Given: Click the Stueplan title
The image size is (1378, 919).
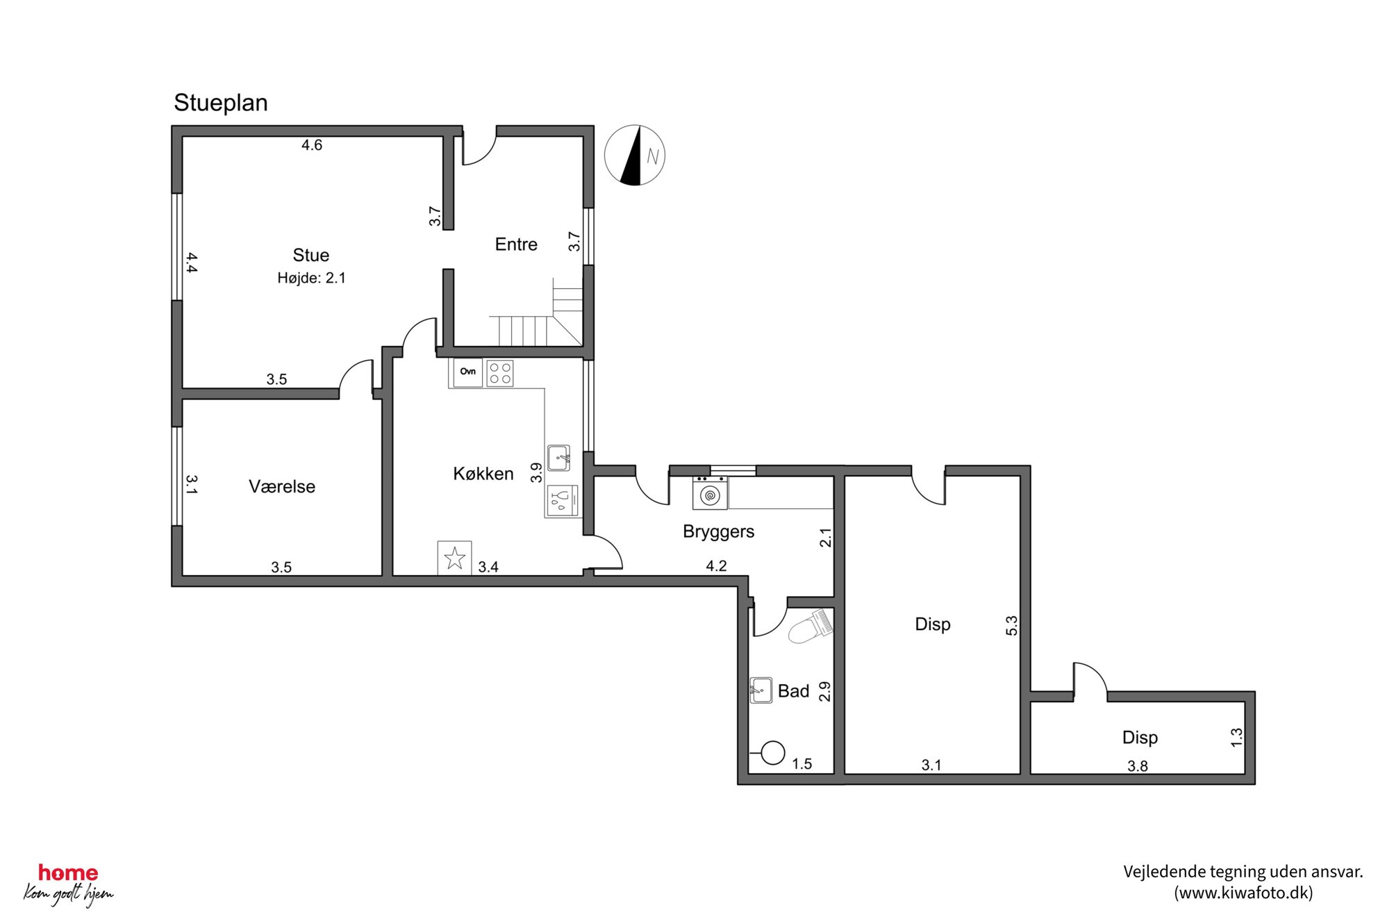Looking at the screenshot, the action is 220,103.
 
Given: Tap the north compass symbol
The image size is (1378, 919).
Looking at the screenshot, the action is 634,156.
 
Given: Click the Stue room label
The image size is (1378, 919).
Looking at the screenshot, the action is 310,255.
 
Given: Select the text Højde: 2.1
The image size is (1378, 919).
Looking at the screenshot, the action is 311,278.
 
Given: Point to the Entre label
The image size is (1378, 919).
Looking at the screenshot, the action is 516,244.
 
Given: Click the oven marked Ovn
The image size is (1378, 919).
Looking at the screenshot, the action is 467,372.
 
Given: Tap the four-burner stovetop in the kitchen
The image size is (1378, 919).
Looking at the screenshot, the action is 500,373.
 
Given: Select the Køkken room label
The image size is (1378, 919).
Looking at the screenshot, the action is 483,474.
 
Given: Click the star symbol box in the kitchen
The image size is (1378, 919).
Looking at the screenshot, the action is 455,558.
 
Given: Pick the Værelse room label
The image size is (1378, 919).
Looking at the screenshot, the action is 282,486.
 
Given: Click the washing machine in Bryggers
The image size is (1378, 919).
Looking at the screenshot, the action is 710,493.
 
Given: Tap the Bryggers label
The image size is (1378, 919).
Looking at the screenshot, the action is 718,531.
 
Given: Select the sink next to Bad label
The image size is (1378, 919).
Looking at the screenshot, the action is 761,690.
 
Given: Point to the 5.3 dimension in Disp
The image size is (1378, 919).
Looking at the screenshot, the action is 1012,625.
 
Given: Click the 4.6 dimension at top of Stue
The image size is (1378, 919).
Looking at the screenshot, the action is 312,145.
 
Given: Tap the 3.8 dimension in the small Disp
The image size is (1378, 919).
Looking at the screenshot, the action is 1137,766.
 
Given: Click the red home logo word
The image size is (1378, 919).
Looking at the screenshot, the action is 68,872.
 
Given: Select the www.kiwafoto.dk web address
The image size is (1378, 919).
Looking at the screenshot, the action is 1243,893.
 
